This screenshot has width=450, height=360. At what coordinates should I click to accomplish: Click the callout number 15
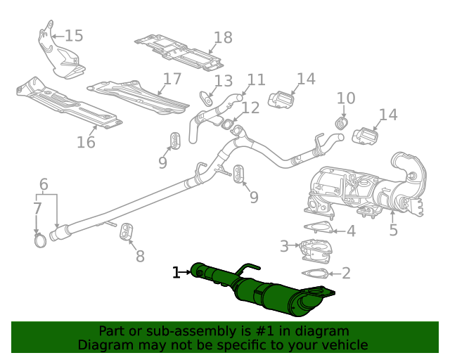tap(74, 35)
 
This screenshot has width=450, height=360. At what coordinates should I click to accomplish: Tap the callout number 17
tap(172, 79)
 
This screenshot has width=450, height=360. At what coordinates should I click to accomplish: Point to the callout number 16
tap(86, 142)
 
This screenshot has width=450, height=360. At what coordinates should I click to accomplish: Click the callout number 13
tap(223, 81)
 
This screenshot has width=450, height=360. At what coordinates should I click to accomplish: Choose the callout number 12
tap(250, 108)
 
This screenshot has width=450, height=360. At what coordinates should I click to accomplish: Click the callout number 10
tap(346, 98)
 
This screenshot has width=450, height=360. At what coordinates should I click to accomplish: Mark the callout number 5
tap(393, 229)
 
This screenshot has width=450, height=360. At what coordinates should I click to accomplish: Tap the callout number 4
tap(351, 231)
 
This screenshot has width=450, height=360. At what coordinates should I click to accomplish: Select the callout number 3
tap(284, 246)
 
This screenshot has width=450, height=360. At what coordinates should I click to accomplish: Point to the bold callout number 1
tap(177, 271)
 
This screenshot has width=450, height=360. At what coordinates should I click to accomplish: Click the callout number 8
tap(140, 256)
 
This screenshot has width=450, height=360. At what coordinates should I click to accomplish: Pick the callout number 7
tap(37, 208)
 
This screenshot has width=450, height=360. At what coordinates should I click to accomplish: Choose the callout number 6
tap(44, 185)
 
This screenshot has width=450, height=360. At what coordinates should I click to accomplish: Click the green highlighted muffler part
tap(267, 292)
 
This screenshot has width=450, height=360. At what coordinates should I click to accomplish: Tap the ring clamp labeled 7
tap(40, 242)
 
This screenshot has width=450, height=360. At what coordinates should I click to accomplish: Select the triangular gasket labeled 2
tap(314, 274)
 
